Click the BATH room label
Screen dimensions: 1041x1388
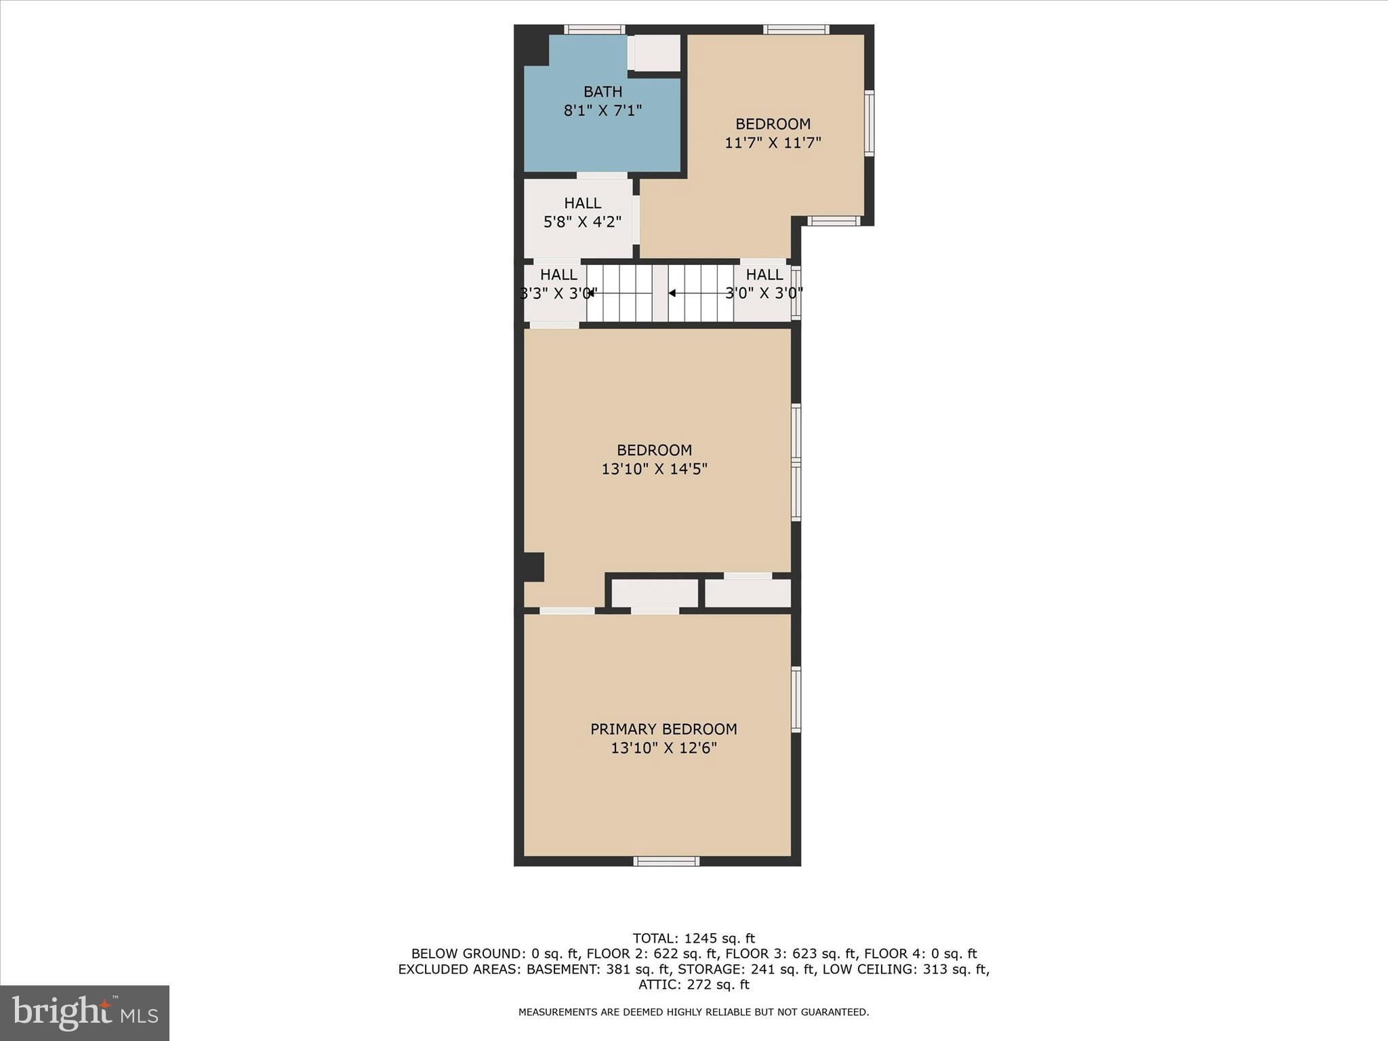(x=603, y=91)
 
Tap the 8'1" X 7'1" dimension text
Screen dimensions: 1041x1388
(x=603, y=110)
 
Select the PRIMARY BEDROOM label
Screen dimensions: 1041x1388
(x=664, y=729)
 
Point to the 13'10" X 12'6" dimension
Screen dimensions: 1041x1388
(x=664, y=748)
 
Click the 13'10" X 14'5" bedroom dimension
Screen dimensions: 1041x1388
(x=654, y=469)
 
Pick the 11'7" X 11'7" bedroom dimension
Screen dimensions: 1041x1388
(x=773, y=143)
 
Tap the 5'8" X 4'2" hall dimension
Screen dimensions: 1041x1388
(x=582, y=222)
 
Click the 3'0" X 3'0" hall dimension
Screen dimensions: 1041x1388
(x=764, y=293)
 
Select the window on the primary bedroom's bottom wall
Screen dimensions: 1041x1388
(x=666, y=861)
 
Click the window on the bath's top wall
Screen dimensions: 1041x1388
(x=594, y=29)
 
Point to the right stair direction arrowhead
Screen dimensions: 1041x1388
(x=672, y=293)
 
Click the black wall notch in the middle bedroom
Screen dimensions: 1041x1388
(x=533, y=567)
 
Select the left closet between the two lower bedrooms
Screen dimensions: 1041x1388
(x=655, y=593)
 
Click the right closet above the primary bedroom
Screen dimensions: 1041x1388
(x=748, y=593)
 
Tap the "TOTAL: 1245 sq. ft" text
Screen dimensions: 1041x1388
(x=693, y=939)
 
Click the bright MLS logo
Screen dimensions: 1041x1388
(x=85, y=1013)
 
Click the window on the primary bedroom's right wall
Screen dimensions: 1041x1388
(x=796, y=699)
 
